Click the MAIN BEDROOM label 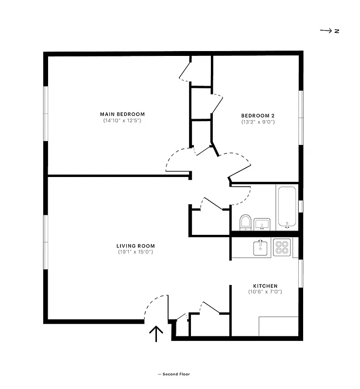(122, 114)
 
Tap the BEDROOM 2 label (258, 115)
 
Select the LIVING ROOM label (136, 246)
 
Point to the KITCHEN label (265, 285)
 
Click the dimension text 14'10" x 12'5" (122, 120)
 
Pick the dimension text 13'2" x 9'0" (258, 122)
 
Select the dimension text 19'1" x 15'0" (136, 252)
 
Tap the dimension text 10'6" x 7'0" (265, 292)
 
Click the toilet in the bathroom (245, 222)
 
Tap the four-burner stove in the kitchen (282, 248)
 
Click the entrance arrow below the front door (156, 335)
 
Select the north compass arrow (325, 31)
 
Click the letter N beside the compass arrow (336, 31)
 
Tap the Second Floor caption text (173, 374)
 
